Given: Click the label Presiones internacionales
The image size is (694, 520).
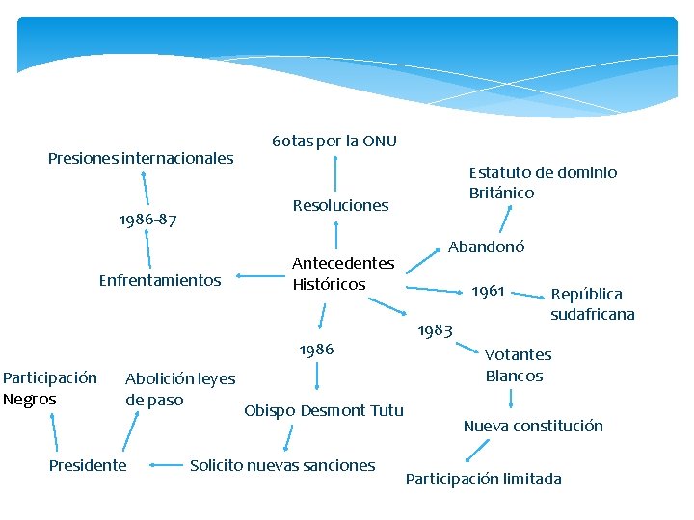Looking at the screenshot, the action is coord(141,158).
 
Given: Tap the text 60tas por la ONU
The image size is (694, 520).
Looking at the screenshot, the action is coord(334,142).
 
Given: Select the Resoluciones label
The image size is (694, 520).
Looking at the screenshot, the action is coord(340,205).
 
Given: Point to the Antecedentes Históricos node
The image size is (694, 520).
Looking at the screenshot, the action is coord(343,273).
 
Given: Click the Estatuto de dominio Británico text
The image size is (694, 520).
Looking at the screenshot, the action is coord(543,183).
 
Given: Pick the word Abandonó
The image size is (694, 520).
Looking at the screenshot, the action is coord(486,247).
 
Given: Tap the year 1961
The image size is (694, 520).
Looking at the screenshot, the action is coord(488,290).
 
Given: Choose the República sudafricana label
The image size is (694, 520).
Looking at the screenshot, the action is coord(593,304).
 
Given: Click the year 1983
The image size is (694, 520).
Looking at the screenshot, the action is coord(435,330).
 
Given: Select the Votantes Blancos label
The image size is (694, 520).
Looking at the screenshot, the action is coord(518,366).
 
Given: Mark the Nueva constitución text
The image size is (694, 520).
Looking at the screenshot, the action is coord(533,426).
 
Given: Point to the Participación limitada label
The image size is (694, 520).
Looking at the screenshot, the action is coord(483,479).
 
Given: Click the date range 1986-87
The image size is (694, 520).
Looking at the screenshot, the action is coord(147,221).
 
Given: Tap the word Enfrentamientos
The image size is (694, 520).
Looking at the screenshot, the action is coord(160,280).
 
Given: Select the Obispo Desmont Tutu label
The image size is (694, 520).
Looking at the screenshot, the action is coord(324,411).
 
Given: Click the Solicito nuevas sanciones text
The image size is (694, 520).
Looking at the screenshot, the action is coord(282,465).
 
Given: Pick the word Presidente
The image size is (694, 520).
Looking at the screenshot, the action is coord(88,465).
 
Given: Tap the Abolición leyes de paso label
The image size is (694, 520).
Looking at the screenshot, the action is coord(180,389).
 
